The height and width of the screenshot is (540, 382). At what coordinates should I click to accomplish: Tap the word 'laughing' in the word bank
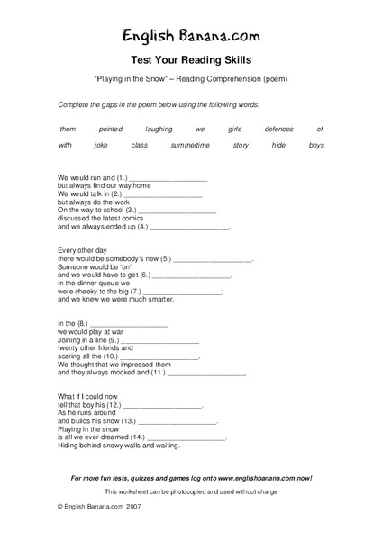[159, 130]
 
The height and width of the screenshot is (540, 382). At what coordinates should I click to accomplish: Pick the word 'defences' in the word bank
[278, 130]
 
